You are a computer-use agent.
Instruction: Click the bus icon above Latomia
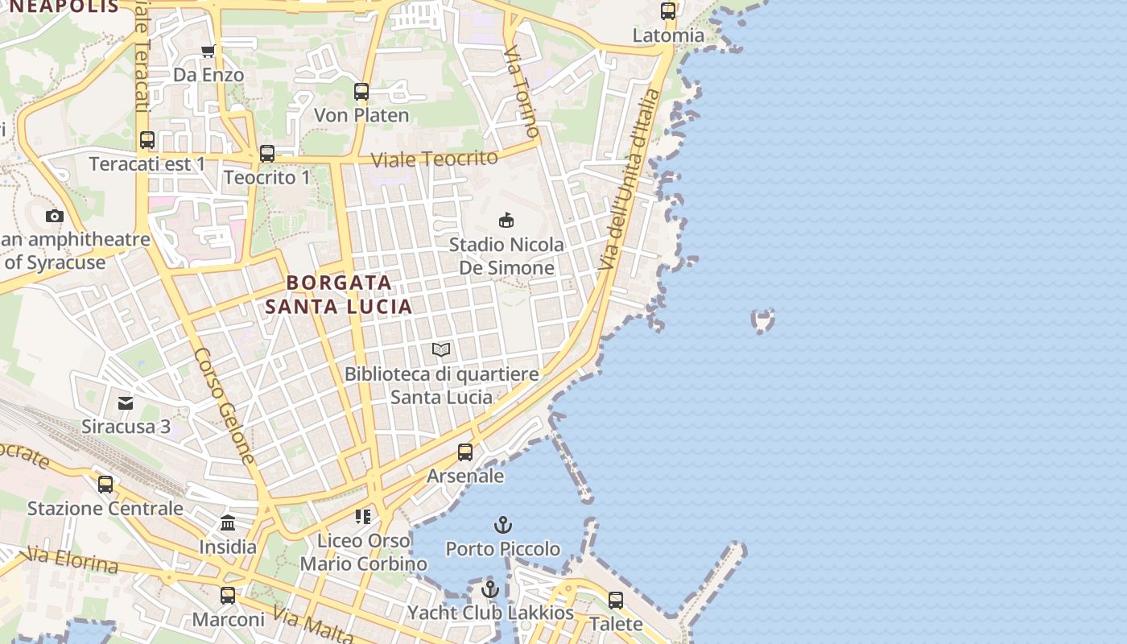(x=668, y=11)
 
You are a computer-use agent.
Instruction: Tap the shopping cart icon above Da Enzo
(x=208, y=51)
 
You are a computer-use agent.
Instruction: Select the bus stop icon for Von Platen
(x=361, y=92)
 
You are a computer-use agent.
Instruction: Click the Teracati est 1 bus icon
(x=147, y=140)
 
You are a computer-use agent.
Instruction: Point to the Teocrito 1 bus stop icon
(x=266, y=153)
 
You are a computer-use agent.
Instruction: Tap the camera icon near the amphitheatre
(x=55, y=216)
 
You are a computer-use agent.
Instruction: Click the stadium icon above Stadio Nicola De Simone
(x=506, y=220)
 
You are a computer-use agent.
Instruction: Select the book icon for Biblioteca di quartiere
(x=441, y=349)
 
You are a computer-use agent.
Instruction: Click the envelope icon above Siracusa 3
(x=126, y=402)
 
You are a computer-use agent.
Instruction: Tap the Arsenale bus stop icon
(x=465, y=452)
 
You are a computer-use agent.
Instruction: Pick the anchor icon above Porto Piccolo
(x=503, y=526)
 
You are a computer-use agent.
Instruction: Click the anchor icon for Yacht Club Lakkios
(x=490, y=589)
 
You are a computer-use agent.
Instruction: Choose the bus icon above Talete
(x=616, y=601)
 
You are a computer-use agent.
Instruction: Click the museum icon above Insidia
(x=228, y=523)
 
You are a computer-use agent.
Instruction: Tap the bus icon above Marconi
(x=228, y=596)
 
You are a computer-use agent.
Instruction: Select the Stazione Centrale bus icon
(x=105, y=485)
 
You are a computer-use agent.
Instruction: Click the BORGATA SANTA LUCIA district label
(x=339, y=295)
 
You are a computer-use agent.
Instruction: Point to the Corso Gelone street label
(x=225, y=407)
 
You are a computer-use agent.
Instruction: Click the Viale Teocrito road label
(x=435, y=159)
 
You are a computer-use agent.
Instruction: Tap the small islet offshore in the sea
(x=762, y=320)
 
